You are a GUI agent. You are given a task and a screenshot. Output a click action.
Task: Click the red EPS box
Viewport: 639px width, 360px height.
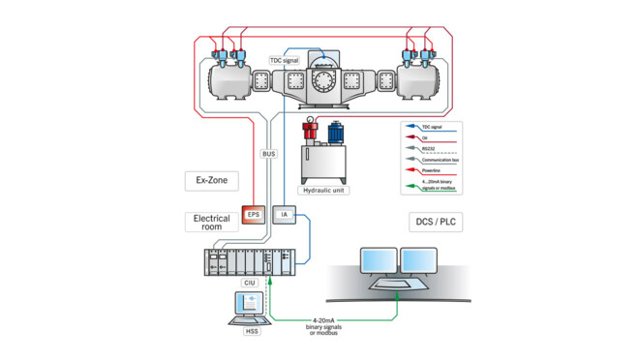tap(254, 214)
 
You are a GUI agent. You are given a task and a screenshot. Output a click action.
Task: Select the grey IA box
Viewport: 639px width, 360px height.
tap(284, 214)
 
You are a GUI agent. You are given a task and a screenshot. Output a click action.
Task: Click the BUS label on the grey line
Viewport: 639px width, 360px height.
tap(269, 153)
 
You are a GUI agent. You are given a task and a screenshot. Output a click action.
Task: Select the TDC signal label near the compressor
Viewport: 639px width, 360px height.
tap(288, 60)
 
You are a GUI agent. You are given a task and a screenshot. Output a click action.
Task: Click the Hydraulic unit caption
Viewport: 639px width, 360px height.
tap(324, 191)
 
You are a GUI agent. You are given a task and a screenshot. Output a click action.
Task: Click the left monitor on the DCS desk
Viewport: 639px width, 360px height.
tap(377, 259)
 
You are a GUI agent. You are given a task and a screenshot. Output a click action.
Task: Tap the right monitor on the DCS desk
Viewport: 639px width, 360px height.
tap(420, 259)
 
